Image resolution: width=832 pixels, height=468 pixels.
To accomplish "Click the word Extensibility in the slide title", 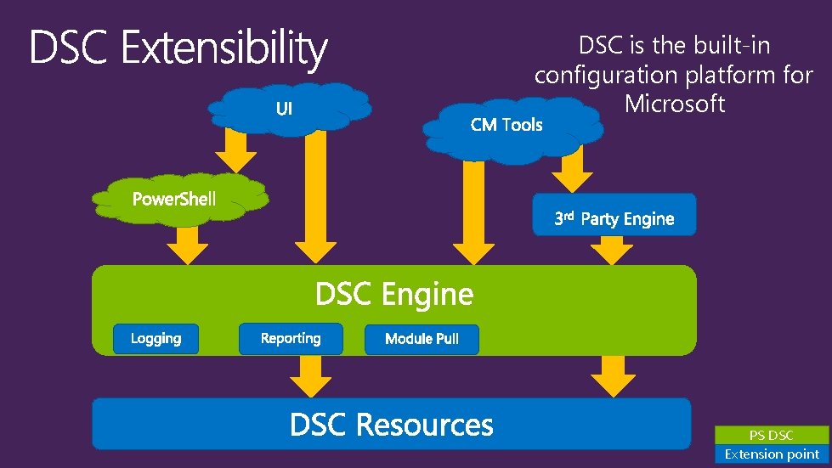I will (223, 49).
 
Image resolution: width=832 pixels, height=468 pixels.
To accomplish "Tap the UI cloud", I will (286, 108).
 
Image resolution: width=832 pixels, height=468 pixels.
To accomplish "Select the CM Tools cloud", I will (507, 126).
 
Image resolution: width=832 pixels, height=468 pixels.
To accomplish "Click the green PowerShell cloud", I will (174, 200).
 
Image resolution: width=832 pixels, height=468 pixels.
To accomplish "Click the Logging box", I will (156, 338).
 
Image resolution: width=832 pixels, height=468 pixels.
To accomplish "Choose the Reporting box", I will (291, 338).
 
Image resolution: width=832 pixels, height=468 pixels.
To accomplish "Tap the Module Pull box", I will (422, 339).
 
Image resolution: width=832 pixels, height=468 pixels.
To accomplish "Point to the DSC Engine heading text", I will (393, 294).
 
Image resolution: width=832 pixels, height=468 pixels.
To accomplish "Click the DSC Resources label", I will (391, 424).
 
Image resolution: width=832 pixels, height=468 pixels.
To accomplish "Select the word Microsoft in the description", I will (674, 104).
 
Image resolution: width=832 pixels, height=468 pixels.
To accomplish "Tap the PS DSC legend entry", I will (771, 435).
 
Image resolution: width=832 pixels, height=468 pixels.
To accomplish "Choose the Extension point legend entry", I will (771, 454).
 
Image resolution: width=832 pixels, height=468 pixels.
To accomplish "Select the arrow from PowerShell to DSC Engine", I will (187, 245).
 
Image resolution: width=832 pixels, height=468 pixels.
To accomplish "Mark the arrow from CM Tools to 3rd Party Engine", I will (572, 173).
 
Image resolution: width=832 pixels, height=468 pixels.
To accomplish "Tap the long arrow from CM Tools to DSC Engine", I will (473, 212).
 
